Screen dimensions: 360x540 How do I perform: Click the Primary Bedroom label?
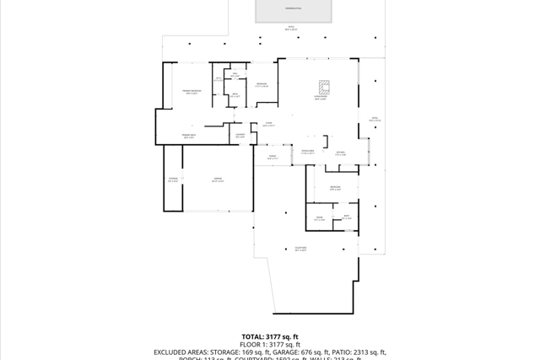coord(192,92)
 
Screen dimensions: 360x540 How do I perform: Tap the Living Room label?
coord(320,98)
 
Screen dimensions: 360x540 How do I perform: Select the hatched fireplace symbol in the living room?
coord(325,86)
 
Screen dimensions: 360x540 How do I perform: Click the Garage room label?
coord(218,180)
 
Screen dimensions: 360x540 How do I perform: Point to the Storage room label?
coord(173,180)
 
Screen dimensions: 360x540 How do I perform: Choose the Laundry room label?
coord(240,136)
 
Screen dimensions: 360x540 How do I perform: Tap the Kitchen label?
coord(340,153)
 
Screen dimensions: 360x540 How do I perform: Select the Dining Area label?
coord(308,153)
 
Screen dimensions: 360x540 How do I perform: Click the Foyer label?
coord(268,124)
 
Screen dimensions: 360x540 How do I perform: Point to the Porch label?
coord(273,158)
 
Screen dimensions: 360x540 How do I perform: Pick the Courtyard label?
coord(300,249)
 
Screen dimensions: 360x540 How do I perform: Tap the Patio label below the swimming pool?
coord(291,29)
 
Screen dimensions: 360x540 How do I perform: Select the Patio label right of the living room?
coord(375,119)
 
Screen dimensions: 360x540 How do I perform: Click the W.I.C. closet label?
coord(219,79)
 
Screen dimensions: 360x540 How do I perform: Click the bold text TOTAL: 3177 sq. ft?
coord(269,336)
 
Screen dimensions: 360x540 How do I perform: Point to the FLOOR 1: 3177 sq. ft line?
coord(269,345)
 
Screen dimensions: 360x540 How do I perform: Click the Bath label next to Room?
coord(347,218)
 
